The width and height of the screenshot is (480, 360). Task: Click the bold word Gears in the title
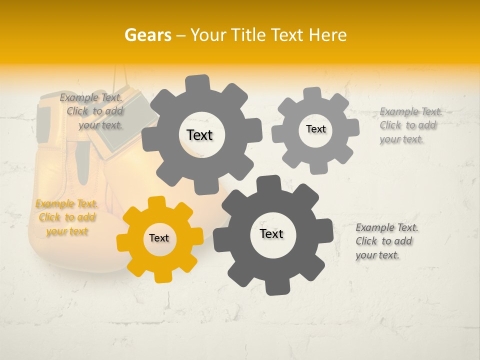click(x=147, y=35)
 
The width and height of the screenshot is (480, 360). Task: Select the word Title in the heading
click(x=248, y=35)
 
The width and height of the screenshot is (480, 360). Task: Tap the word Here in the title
click(x=327, y=35)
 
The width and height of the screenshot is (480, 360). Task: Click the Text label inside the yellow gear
click(x=159, y=238)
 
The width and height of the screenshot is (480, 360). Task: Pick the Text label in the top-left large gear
click(x=199, y=135)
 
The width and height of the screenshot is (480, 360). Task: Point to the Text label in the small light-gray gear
click(x=315, y=129)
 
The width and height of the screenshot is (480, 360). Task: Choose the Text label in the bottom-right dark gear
click(x=271, y=234)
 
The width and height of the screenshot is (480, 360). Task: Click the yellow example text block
click(x=67, y=217)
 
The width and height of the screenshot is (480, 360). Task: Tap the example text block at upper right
click(x=410, y=125)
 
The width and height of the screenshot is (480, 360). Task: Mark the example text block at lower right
click(x=386, y=241)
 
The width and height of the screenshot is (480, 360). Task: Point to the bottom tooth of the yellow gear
click(x=161, y=275)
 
